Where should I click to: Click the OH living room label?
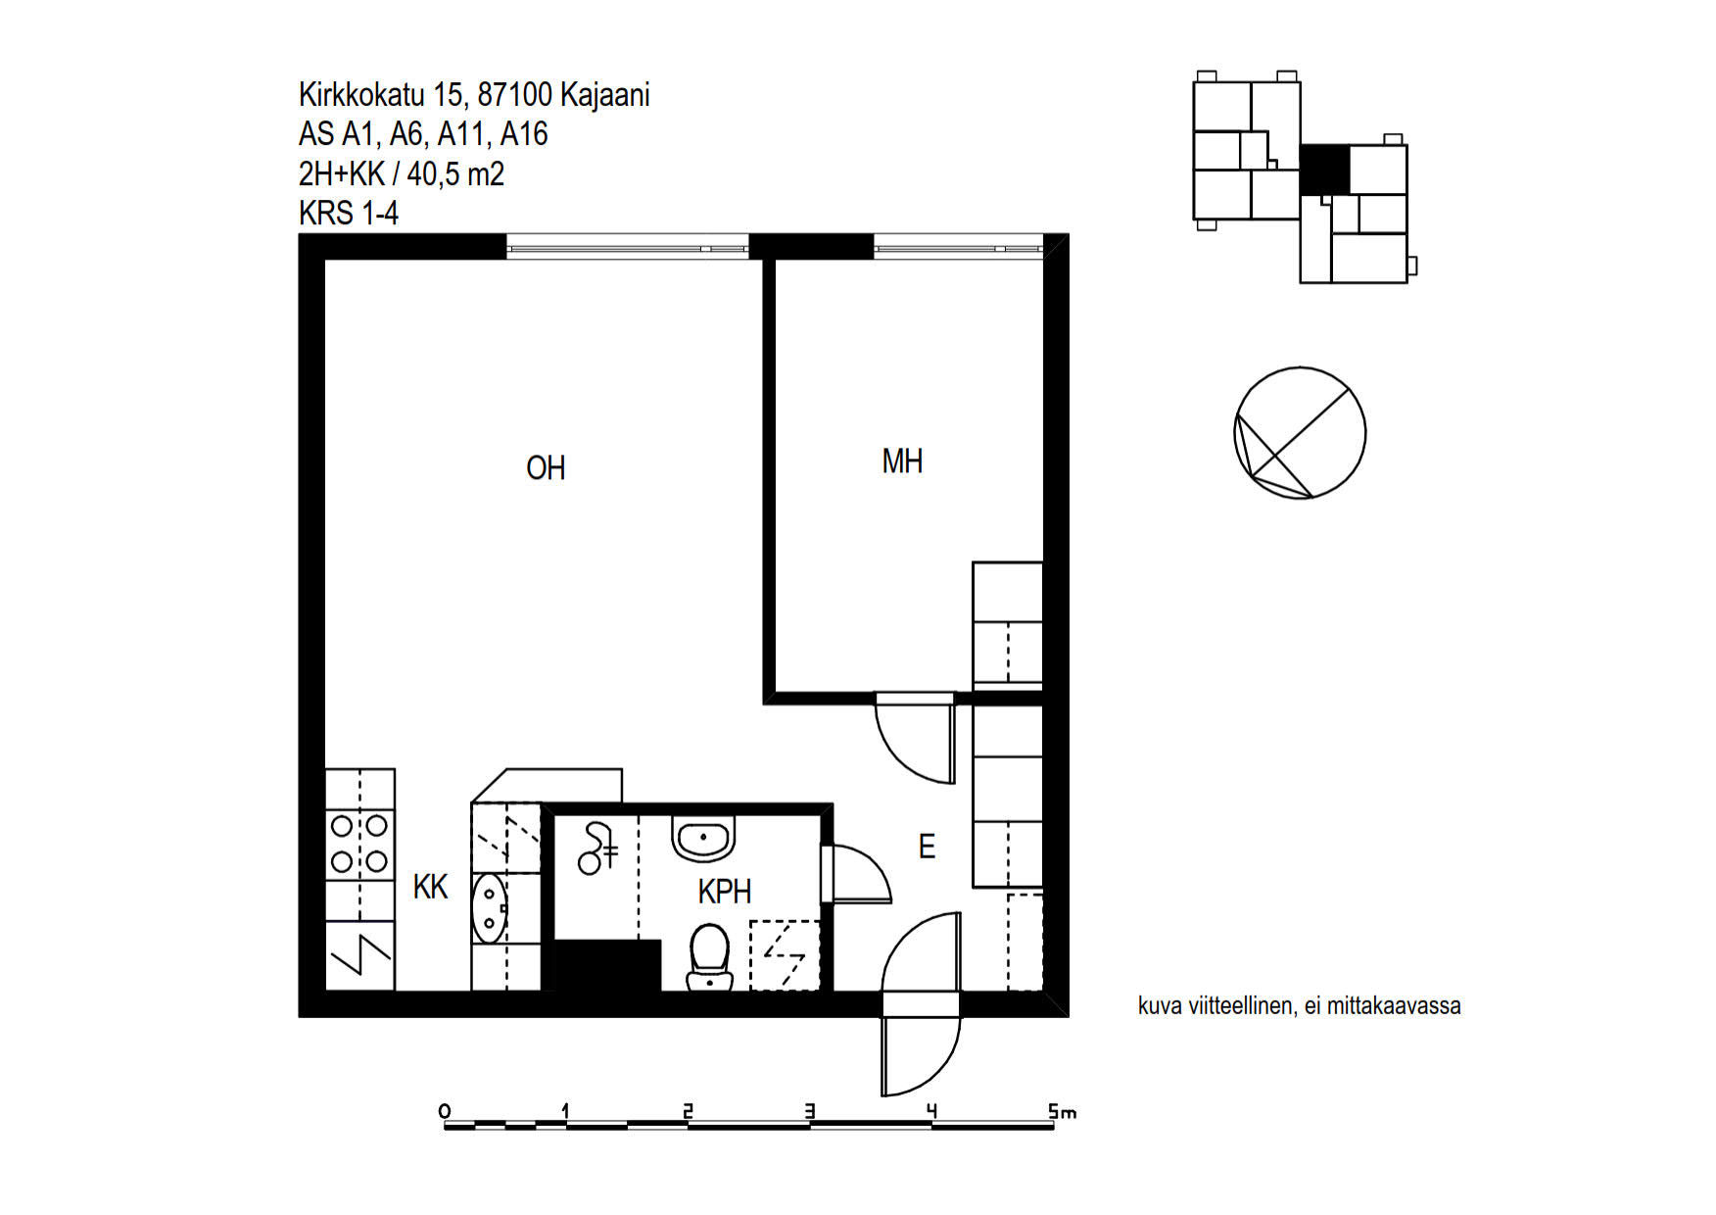(x=546, y=468)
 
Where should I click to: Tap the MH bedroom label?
(x=902, y=462)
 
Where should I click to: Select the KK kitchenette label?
(x=430, y=887)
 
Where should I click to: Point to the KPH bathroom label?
(x=725, y=892)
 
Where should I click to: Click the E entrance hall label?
(x=927, y=847)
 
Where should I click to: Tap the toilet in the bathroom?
(x=709, y=957)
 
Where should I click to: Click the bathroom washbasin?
(x=703, y=838)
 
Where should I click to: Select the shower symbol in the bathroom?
(x=597, y=849)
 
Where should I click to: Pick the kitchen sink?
(x=490, y=908)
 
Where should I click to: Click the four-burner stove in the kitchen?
(x=359, y=845)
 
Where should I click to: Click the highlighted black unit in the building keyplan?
(x=1324, y=170)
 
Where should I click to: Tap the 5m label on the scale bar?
(x=1062, y=1111)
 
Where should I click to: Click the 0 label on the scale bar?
(x=445, y=1111)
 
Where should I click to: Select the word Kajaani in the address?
(x=604, y=95)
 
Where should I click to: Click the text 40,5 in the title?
(x=435, y=174)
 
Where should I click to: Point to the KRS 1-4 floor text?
(x=349, y=213)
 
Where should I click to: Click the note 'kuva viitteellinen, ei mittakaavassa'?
(x=1299, y=1005)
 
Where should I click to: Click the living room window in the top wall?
(x=628, y=247)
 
